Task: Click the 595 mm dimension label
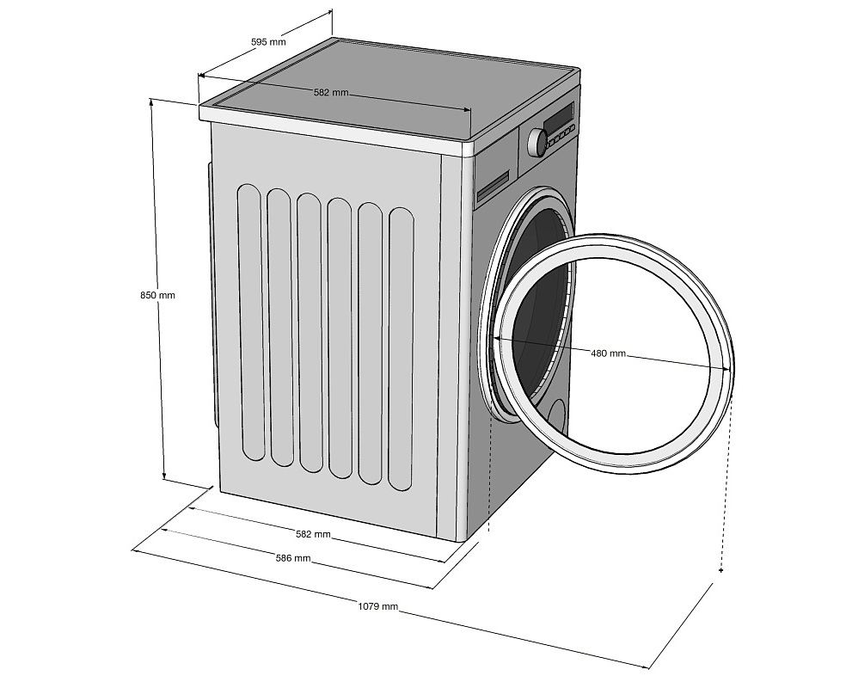(x=269, y=41)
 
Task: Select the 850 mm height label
(x=157, y=295)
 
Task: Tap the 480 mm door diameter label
(x=608, y=353)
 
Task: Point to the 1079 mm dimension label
(x=378, y=606)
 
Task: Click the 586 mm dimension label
(x=293, y=558)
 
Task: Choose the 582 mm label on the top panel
(x=331, y=92)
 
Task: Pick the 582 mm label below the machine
(x=313, y=534)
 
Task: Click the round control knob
(x=537, y=141)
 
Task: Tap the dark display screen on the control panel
(x=559, y=115)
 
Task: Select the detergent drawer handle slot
(x=493, y=183)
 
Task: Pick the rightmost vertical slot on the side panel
(x=402, y=348)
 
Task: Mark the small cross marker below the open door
(x=720, y=570)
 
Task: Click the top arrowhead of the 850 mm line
(x=153, y=101)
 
